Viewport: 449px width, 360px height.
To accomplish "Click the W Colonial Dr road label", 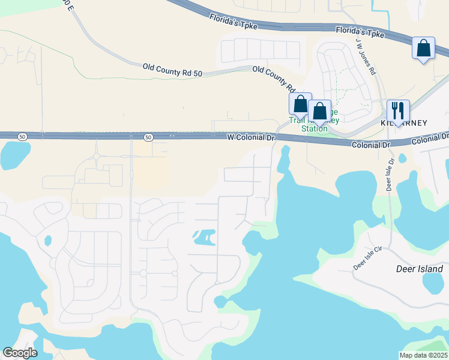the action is (250, 137).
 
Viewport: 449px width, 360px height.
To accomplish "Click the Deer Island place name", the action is (420, 269).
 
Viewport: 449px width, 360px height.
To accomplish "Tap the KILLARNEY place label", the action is (403, 123).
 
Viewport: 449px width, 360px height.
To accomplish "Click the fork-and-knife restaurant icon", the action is (398, 111).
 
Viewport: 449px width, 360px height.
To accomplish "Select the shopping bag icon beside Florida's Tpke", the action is (424, 49).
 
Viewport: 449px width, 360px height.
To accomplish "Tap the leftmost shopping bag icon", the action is (300, 104).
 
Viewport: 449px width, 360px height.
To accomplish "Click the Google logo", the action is (20, 353).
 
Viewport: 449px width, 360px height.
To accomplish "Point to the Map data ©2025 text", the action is (423, 355).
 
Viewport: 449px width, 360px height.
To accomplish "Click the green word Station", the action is (315, 128).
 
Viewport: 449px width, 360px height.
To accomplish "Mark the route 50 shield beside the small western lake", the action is (22, 137).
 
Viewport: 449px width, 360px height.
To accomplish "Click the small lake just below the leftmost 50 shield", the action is (14, 155).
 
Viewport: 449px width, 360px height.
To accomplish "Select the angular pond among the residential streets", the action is (204, 238).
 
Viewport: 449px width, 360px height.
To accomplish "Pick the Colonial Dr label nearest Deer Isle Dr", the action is (371, 145).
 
